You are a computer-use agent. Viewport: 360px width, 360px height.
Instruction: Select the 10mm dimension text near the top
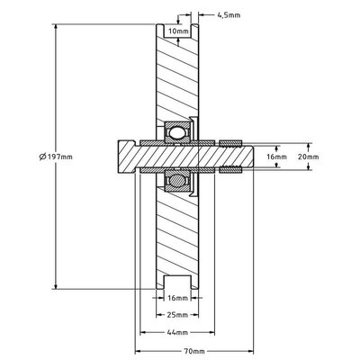click(178, 31)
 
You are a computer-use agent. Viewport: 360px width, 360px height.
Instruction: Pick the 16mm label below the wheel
click(178, 296)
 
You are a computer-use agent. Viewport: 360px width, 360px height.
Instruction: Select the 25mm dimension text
click(178, 315)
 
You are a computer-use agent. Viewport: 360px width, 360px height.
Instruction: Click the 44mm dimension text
click(178, 333)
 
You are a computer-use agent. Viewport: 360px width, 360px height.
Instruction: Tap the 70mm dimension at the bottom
click(191, 351)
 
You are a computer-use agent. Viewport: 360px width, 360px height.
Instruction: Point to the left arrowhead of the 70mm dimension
click(139, 351)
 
